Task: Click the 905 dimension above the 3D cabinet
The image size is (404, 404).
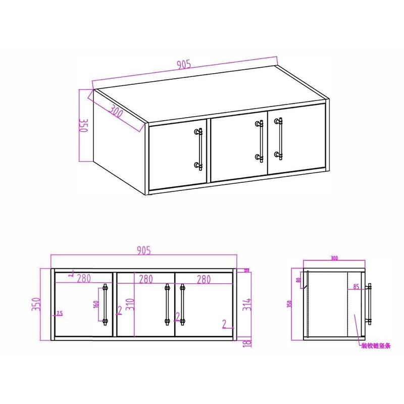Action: pyautogui.click(x=183, y=65)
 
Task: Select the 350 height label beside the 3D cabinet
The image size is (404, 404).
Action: pyautogui.click(x=84, y=125)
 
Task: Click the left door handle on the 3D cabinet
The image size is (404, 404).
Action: pyautogui.click(x=199, y=148)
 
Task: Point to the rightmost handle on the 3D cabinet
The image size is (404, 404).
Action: pyautogui.click(x=278, y=137)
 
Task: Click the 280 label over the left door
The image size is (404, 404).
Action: pyautogui.click(x=83, y=279)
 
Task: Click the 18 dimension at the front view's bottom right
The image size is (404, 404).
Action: pyautogui.click(x=246, y=343)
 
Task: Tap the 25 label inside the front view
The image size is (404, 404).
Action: pyautogui.click(x=60, y=314)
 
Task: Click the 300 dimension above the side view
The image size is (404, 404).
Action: pyautogui.click(x=334, y=259)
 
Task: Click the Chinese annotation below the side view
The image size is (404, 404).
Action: pyautogui.click(x=376, y=346)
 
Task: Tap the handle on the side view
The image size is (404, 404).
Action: pyautogui.click(x=370, y=304)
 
